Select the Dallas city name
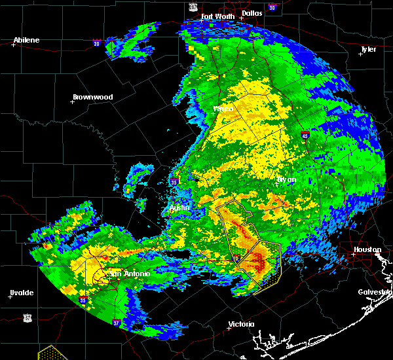(x=252, y=12)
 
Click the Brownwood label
(x=93, y=97)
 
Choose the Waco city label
(x=223, y=109)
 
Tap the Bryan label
(x=286, y=179)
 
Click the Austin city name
(x=179, y=208)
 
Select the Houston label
(x=367, y=249)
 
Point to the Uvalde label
(x=21, y=292)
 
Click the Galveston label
(x=375, y=292)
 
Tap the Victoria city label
(x=241, y=325)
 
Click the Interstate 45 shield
(x=306, y=135)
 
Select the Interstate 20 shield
(x=96, y=44)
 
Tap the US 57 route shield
(x=26, y=317)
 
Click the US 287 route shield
(x=193, y=6)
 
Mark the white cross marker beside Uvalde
(x=10, y=297)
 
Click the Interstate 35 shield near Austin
(x=174, y=182)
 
